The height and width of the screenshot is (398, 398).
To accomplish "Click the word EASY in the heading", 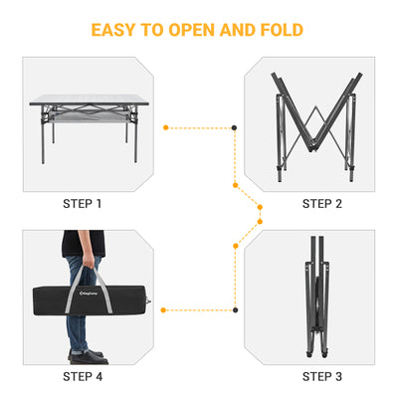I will click(116, 29).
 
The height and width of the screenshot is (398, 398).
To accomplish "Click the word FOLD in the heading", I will click(280, 29).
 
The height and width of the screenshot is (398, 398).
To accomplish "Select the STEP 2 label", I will click(321, 204).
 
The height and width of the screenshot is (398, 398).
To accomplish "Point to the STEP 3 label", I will click(321, 376).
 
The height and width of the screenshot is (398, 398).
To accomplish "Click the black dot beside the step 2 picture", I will click(234, 127).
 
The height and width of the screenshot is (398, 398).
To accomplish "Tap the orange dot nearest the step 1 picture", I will click(165, 127).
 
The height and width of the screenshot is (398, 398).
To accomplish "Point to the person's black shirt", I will click(83, 243).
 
